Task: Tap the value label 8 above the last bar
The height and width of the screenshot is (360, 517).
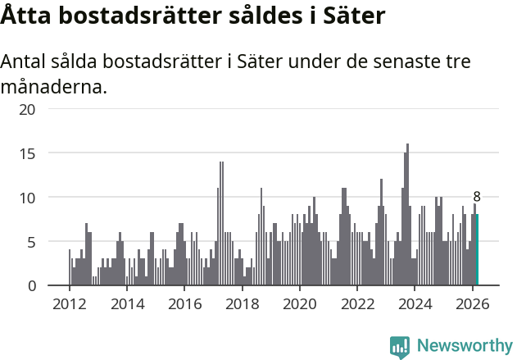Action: point(477,197)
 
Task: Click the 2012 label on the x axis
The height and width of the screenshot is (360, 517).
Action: point(69,304)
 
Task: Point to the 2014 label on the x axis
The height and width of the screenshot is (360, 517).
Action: point(126,304)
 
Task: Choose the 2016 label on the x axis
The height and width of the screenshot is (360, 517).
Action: point(184,304)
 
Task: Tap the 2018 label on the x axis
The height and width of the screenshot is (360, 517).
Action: point(242,304)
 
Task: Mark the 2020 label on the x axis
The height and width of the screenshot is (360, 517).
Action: point(299,304)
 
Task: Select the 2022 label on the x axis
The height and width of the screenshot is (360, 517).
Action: point(357,304)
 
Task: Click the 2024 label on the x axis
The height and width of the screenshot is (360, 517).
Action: point(415,304)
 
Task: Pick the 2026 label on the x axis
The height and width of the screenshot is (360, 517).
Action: point(472,304)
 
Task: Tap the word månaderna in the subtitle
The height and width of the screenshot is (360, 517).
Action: point(53,86)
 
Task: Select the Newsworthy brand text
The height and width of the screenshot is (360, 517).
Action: point(464,345)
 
